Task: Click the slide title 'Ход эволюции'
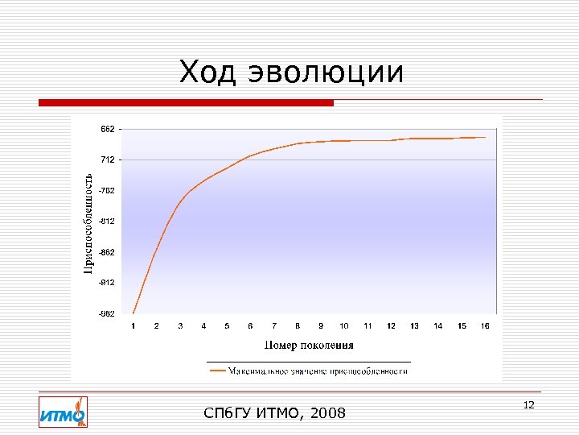click(291, 72)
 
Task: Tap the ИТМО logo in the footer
click(63, 412)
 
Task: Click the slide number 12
click(528, 404)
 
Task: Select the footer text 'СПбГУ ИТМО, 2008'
click(275, 413)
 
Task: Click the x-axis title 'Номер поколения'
click(309, 346)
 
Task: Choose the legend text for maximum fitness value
click(318, 371)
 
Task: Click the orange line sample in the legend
click(217, 371)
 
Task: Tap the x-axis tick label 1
click(133, 326)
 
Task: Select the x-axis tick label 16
click(485, 326)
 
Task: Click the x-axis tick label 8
click(298, 326)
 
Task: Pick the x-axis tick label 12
click(391, 326)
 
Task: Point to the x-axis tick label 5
click(227, 326)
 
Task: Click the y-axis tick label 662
click(107, 129)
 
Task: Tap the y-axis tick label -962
click(106, 313)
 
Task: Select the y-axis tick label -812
click(106, 221)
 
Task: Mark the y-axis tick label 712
click(107, 159)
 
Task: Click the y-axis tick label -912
click(106, 283)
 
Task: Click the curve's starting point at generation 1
click(133, 313)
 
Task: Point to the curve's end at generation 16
click(485, 137)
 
